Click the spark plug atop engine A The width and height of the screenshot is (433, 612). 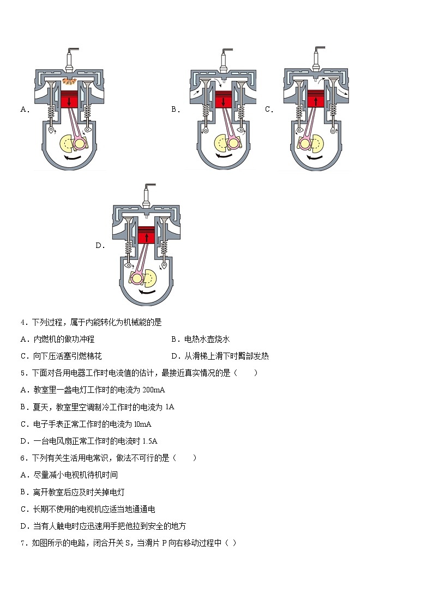tap(69, 59)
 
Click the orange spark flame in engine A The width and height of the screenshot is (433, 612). tap(69, 82)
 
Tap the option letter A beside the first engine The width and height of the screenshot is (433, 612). tap(24, 110)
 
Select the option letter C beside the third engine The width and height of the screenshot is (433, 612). tap(268, 110)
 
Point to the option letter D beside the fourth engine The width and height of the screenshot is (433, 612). tap(100, 246)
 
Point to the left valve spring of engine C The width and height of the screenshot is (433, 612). tap(299, 112)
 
